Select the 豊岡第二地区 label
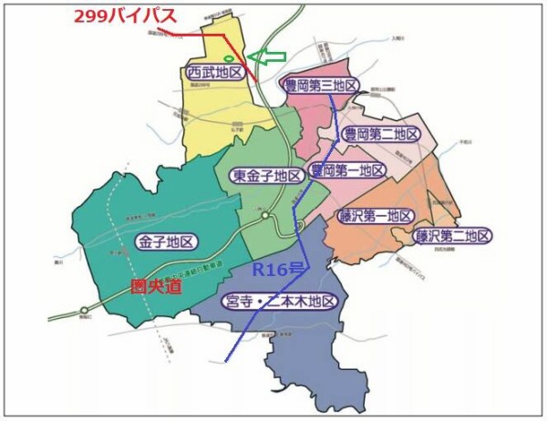point(381,134)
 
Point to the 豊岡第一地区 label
point(346,170)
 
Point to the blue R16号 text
point(277,270)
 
